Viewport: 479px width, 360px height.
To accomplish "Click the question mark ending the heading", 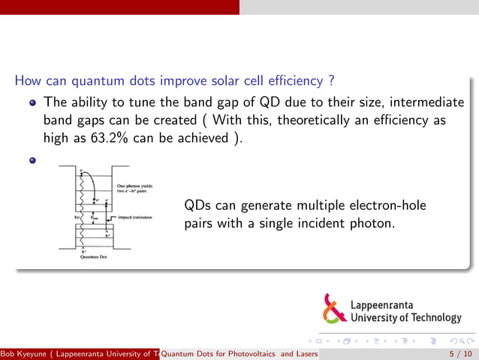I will [331, 80].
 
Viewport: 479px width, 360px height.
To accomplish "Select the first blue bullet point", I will [32, 102].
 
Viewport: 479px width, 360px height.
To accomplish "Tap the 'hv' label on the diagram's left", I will [67, 217].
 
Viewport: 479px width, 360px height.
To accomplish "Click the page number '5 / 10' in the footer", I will [459, 354].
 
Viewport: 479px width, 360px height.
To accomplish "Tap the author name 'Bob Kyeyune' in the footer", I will [23, 354].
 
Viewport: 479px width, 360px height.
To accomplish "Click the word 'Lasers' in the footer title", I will [305, 354].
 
